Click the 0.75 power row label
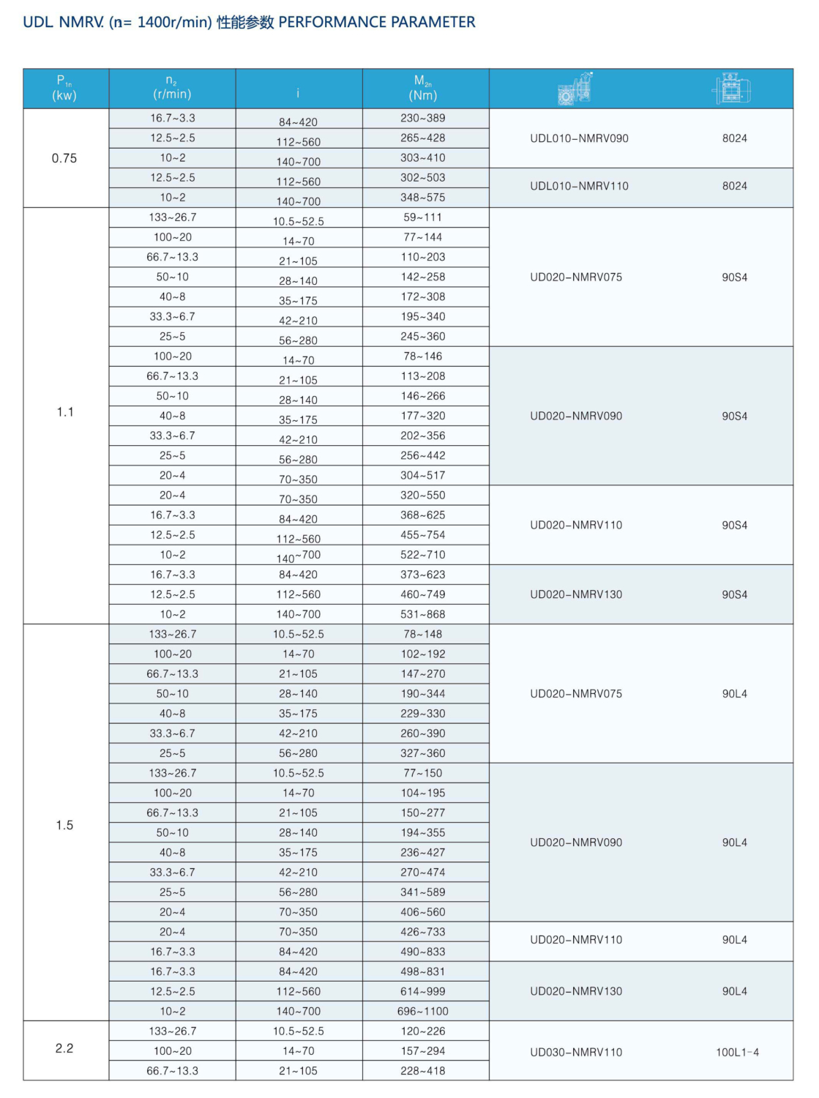(x=64, y=158)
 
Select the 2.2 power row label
(x=64, y=1048)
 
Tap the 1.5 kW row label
(x=64, y=825)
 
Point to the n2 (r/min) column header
(x=172, y=88)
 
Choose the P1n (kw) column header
(x=64, y=88)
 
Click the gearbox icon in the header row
(x=575, y=89)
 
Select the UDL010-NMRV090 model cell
(x=579, y=138)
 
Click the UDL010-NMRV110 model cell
(x=579, y=186)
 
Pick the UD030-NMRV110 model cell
(x=576, y=1052)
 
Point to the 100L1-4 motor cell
(x=737, y=1052)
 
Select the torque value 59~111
(x=423, y=217)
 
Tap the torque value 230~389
(x=423, y=118)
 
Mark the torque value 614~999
(x=423, y=991)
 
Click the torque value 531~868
(x=423, y=614)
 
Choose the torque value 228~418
(x=423, y=1070)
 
